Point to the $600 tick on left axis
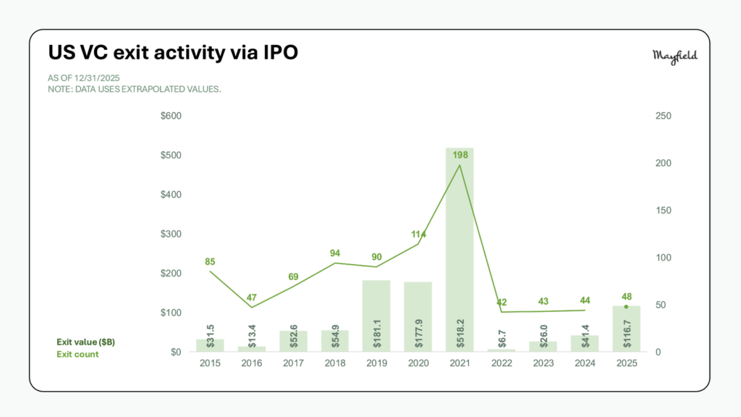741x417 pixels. [x=171, y=116]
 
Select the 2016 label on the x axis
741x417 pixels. [x=251, y=363]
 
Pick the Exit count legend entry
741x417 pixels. [x=77, y=354]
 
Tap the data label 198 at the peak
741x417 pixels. [x=460, y=154]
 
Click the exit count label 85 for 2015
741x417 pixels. [x=210, y=261]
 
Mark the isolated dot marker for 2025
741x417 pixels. [x=627, y=307]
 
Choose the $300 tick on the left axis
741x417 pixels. [x=171, y=234]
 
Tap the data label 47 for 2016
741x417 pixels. [x=251, y=297]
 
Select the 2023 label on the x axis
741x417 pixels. [x=543, y=363]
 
